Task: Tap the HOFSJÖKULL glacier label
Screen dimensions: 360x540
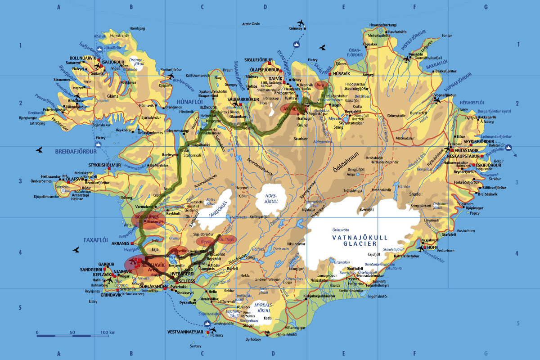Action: (x=270, y=199)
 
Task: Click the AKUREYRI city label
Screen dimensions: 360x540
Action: (x=293, y=108)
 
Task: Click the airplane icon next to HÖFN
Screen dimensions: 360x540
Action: (x=420, y=247)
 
